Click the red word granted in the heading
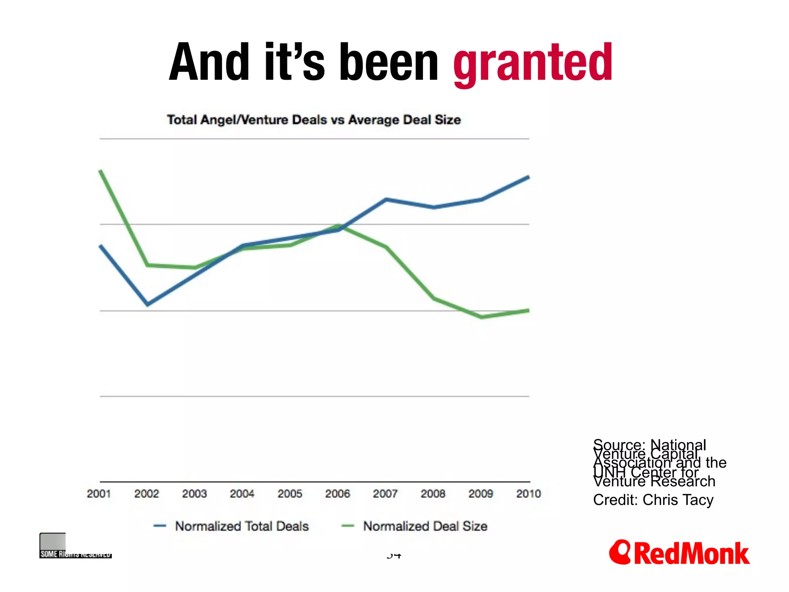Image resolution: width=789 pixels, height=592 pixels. point(532,64)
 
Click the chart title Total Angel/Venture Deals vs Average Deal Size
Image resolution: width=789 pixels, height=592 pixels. point(314,119)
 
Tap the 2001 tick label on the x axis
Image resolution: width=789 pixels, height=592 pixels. point(99,494)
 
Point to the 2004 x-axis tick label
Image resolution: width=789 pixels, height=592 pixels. point(242,494)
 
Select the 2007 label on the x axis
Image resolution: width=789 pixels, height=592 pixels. point(385,494)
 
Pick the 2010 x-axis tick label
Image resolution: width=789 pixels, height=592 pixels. point(529,494)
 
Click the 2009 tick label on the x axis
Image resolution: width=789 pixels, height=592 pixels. point(480,494)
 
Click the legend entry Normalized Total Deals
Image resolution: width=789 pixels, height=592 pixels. point(242,526)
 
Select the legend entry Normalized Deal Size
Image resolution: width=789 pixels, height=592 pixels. point(425,526)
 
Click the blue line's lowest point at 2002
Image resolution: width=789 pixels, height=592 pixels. point(148,304)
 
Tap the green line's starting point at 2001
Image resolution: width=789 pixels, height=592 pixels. point(101,170)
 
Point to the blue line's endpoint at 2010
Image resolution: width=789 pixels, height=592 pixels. point(529,177)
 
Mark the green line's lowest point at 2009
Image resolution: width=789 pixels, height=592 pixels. point(482,317)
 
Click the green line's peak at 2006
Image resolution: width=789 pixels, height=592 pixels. point(339,226)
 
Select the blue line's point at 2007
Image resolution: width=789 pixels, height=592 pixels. point(386,200)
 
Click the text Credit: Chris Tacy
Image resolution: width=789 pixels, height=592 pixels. point(653,500)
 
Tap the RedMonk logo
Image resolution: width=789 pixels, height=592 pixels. point(679,553)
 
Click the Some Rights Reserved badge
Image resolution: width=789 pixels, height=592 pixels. point(75,546)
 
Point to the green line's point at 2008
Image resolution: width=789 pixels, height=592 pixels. point(434,298)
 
